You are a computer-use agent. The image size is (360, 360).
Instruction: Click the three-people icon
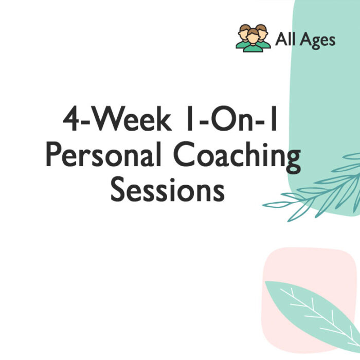point(253,38)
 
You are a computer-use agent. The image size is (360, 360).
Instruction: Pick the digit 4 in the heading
point(71,119)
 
